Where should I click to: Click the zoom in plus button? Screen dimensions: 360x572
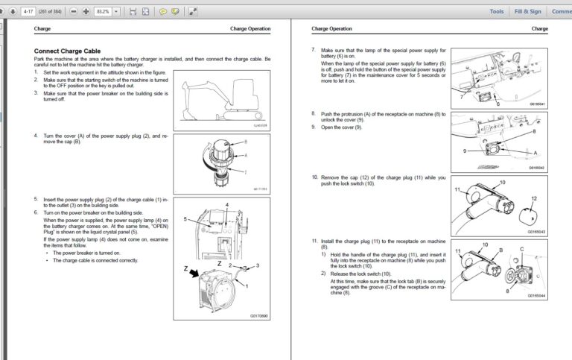click(86, 12)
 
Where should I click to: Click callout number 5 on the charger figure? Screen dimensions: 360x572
click(186, 221)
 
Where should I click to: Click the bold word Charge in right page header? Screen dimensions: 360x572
click(540, 29)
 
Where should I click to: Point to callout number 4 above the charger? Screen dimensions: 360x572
click(226, 204)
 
